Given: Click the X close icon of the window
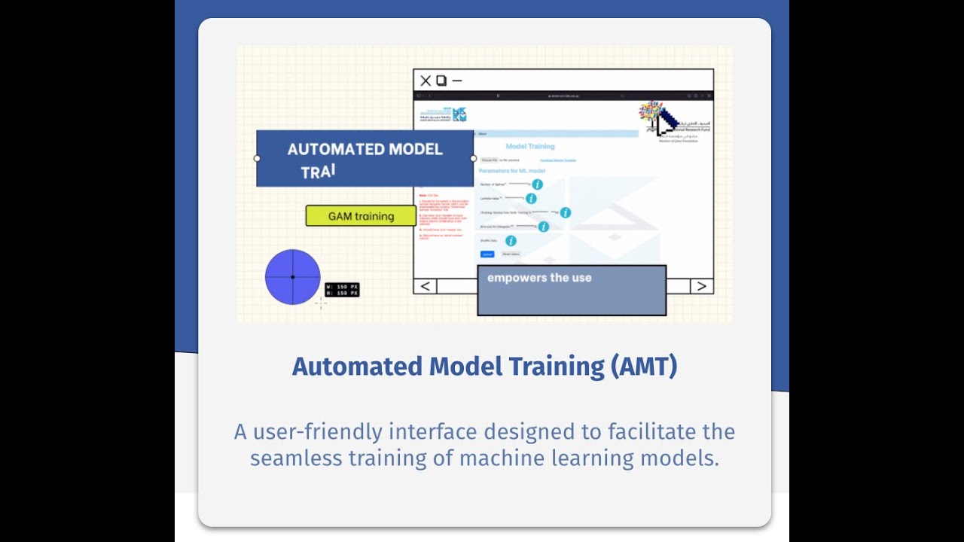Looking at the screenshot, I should (x=426, y=81).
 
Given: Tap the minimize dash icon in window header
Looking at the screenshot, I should (x=456, y=81).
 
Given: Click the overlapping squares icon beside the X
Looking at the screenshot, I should (x=441, y=81).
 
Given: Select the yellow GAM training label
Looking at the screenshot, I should (x=361, y=216).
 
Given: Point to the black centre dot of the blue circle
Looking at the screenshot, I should (x=293, y=277).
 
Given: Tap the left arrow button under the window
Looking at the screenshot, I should (x=426, y=286).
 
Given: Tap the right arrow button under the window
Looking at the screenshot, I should (x=701, y=286).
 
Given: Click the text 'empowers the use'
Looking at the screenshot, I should (x=539, y=278).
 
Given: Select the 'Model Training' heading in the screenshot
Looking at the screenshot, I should (x=530, y=146).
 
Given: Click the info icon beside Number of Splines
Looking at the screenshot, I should (x=537, y=184).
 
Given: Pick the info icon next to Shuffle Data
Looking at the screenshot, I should (x=511, y=241).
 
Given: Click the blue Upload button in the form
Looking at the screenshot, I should (x=487, y=254).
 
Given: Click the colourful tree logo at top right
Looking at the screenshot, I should (x=650, y=113).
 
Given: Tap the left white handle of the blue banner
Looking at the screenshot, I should (x=257, y=159).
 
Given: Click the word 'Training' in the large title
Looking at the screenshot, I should (x=556, y=367).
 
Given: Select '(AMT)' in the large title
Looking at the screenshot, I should (x=644, y=367).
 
